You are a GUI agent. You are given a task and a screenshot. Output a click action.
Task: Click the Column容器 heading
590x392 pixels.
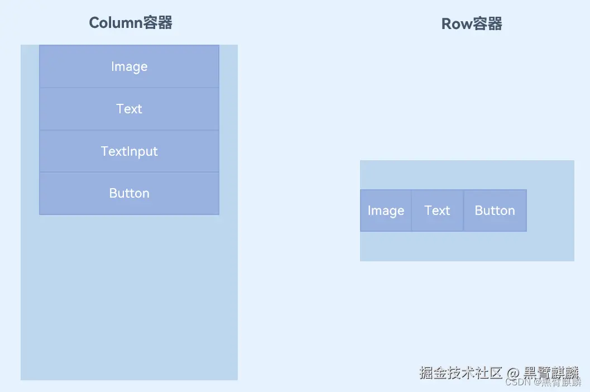coord(131,23)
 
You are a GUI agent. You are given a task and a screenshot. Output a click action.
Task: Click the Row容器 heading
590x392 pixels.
coord(472,24)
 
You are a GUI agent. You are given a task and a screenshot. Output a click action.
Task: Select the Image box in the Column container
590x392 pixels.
coord(129,66)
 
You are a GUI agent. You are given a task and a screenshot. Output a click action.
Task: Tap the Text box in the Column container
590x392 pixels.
coord(129,109)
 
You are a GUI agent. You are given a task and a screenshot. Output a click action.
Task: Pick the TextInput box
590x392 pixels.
coord(129,151)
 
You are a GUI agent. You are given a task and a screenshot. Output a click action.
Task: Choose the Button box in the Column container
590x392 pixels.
coord(129,194)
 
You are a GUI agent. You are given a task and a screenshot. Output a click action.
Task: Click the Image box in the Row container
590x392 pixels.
coord(386,211)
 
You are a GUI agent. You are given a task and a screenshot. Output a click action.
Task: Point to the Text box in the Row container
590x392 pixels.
coord(437,211)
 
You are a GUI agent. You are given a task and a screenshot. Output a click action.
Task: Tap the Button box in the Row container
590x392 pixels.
coord(495,211)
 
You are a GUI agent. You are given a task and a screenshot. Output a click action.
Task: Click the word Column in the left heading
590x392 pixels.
coord(115,23)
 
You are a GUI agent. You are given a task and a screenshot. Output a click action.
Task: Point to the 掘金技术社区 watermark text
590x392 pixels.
coord(461,373)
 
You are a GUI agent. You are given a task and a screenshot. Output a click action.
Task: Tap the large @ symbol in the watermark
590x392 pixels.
coord(514,373)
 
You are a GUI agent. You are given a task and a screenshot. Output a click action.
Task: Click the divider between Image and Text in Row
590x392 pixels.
coord(411,211)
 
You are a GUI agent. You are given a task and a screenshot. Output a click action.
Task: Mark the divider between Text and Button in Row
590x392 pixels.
coord(463,211)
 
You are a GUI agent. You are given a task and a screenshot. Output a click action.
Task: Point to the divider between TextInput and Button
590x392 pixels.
coord(129,172)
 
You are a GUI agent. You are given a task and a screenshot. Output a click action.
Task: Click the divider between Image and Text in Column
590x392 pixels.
coord(129,88)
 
